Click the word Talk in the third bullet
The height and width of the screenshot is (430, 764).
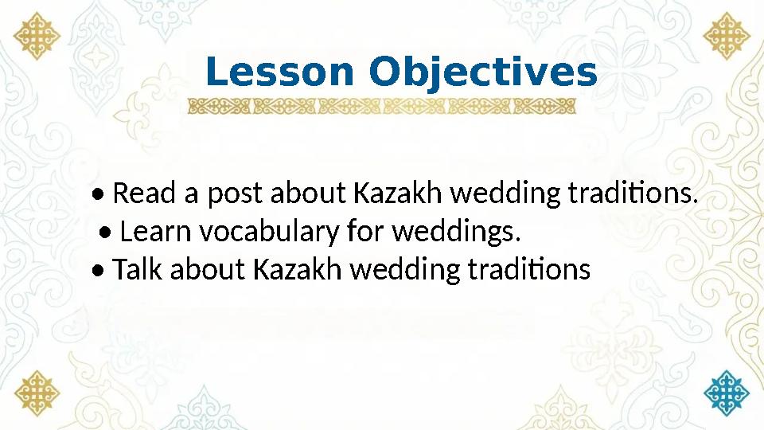(x=136, y=270)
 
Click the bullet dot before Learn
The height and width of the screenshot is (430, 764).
(x=107, y=233)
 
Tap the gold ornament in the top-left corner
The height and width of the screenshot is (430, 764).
(x=37, y=37)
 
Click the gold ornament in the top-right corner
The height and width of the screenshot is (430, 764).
(x=727, y=37)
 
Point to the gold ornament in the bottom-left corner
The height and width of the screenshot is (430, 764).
(x=37, y=392)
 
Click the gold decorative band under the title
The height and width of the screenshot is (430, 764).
(x=382, y=107)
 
